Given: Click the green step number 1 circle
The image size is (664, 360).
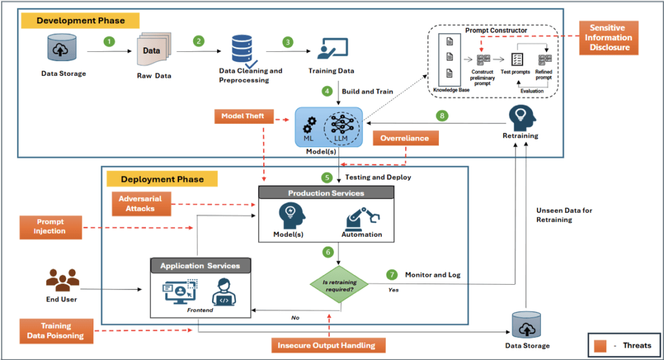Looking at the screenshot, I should tap(110, 42).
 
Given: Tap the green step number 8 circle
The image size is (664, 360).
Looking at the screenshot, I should tap(442, 117).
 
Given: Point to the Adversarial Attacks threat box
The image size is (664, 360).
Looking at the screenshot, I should tap(141, 204).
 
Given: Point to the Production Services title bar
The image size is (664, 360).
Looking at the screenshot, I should tap(326, 193).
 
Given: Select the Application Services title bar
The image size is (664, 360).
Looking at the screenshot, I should tap(200, 265).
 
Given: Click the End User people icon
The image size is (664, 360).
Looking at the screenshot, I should tap(63, 280).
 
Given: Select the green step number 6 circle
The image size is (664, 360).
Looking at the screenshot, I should tap(329, 251).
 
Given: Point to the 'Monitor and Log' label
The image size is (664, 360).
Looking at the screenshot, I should tap(433, 275).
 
